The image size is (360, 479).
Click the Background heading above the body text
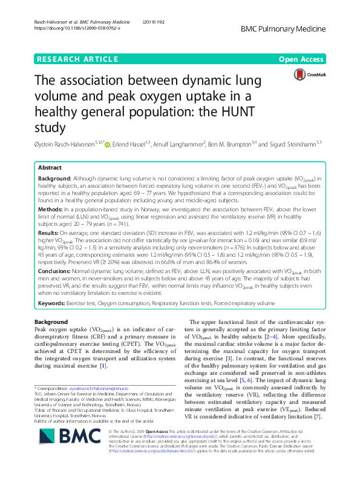coord(51,322)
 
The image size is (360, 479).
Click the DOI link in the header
coord(77,28)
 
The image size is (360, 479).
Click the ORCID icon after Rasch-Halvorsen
coord(107,144)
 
